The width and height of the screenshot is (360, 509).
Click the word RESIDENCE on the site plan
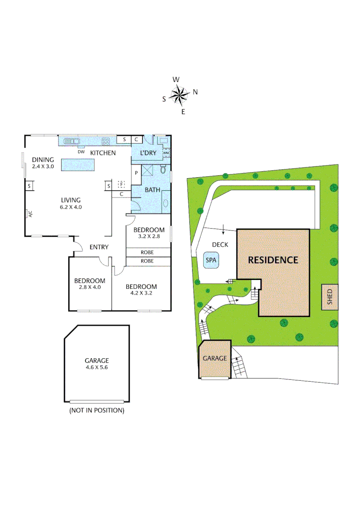(x=273, y=260)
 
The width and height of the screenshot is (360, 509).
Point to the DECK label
(x=220, y=245)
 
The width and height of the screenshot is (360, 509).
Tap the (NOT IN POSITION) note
(x=97, y=410)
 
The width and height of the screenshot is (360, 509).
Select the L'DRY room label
(x=148, y=153)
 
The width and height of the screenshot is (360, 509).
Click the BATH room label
(x=152, y=190)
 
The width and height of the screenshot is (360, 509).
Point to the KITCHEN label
(x=103, y=153)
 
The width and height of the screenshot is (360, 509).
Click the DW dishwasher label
(x=81, y=152)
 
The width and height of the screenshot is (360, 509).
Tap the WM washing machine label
(x=166, y=153)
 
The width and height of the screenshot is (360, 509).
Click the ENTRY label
(x=99, y=247)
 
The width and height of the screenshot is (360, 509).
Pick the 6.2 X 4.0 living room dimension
(x=69, y=206)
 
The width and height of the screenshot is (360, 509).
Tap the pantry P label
(x=136, y=172)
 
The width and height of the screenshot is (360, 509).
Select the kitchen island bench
(x=78, y=164)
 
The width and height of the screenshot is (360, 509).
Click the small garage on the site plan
(x=214, y=359)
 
